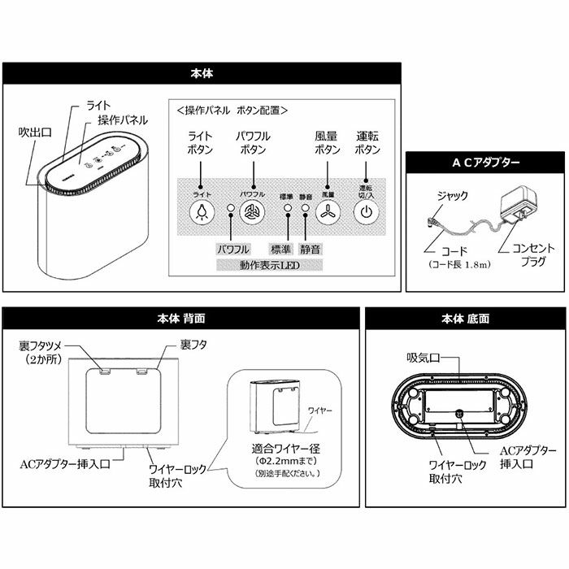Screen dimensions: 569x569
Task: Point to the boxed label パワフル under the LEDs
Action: (x=233, y=249)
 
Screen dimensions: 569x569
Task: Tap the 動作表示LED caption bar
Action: (x=270, y=265)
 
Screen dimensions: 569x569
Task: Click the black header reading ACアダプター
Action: (x=486, y=163)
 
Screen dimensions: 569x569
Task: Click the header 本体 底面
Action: (x=465, y=319)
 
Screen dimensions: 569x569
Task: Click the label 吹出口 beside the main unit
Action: (x=35, y=130)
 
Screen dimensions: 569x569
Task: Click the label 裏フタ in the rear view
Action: (x=193, y=345)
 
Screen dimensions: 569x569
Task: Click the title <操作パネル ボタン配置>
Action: (x=232, y=110)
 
